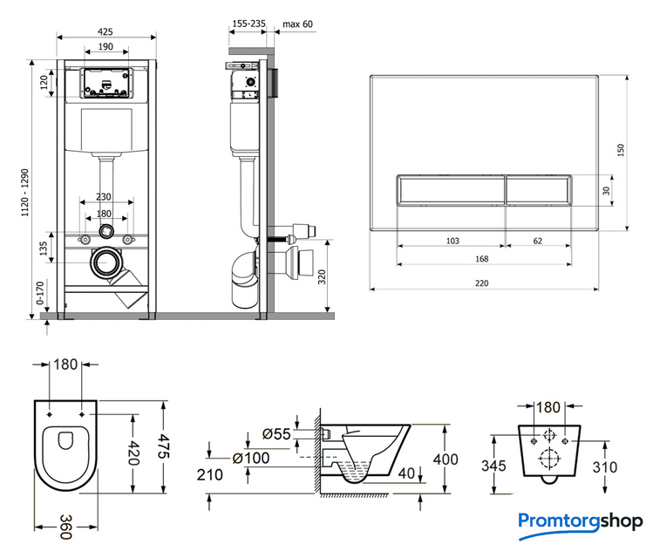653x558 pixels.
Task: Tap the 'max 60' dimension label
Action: click(x=297, y=24)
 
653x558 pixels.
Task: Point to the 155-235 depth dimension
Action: click(x=248, y=24)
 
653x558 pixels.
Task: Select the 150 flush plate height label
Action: click(x=620, y=150)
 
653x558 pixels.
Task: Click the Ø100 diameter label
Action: click(x=251, y=457)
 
